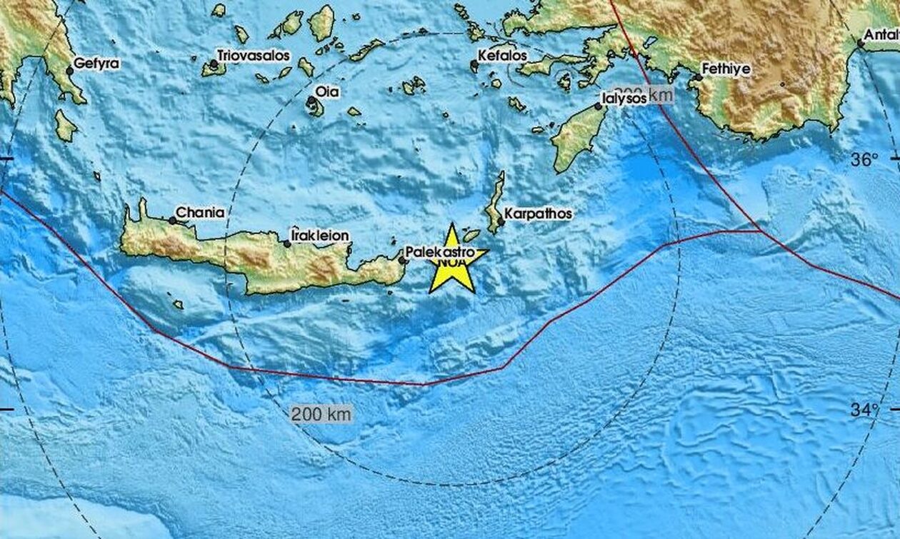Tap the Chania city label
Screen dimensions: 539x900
point(200,213)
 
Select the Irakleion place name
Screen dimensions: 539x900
point(320,235)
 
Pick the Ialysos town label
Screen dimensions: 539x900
point(624,97)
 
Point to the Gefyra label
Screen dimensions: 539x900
point(98,64)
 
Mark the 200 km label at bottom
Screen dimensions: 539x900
point(321,413)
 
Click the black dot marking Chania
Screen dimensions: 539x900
point(172,221)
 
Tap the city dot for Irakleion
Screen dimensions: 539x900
point(287,244)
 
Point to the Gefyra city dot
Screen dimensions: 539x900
point(70,71)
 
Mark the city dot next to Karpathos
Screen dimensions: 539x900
point(501,222)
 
